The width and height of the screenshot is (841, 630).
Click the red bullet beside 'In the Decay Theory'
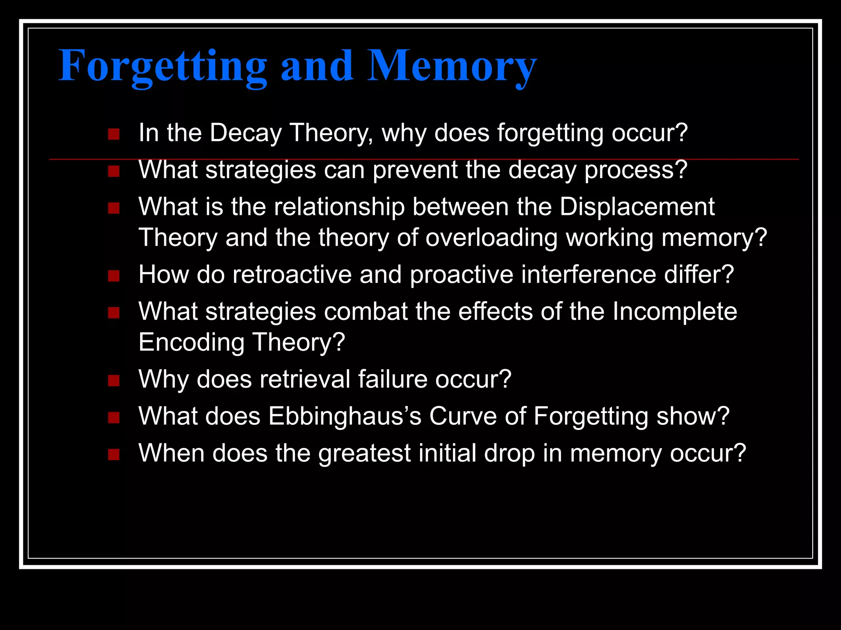click(x=114, y=134)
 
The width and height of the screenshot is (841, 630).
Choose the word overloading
click(x=491, y=237)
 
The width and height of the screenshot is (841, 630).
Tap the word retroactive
click(x=292, y=274)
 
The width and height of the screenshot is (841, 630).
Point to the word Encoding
click(x=191, y=342)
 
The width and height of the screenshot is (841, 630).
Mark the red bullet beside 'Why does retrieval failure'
click(x=114, y=381)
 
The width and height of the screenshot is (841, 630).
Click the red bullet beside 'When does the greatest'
click(x=114, y=454)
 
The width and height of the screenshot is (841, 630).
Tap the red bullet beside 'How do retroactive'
click(x=114, y=276)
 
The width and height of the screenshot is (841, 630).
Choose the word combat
click(x=365, y=311)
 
